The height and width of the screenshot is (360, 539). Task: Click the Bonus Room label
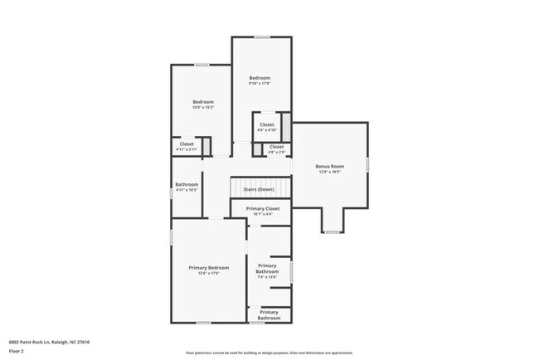tap(329, 166)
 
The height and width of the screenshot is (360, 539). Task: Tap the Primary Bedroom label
tap(208, 267)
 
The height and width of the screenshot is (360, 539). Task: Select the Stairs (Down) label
tap(260, 189)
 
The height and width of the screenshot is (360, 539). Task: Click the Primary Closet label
tap(262, 208)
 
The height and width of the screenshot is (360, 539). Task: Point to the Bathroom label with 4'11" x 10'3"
tap(187, 184)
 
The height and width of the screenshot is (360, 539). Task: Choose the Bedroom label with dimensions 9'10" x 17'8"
tap(260, 78)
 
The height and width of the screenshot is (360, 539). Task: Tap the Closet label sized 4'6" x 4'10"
tap(267, 124)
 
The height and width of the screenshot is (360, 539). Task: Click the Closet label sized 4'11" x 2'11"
tap(187, 144)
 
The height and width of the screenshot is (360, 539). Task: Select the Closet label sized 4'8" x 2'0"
tap(276, 147)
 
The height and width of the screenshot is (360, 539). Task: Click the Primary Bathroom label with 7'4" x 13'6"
tap(267, 269)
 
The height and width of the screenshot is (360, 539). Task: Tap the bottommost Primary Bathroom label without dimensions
tap(269, 315)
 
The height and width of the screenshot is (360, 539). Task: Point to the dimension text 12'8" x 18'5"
tap(329, 172)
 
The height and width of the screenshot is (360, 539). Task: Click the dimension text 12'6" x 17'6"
tap(208, 273)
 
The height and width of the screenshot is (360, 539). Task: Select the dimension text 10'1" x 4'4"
tap(262, 214)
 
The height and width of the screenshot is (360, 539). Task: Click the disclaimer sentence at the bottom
tap(269, 353)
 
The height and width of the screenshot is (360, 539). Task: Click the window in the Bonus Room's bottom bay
tap(331, 232)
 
